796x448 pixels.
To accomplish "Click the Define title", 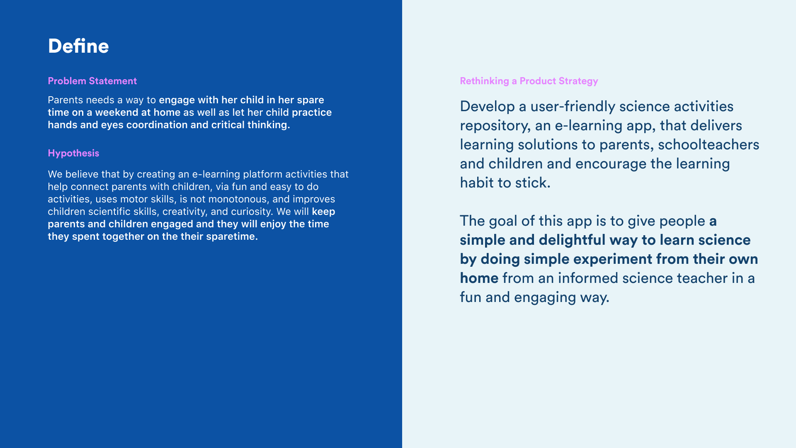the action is pos(78,46).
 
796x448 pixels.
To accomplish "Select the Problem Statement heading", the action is pos(92,81).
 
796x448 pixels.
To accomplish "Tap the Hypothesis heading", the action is pos(73,153).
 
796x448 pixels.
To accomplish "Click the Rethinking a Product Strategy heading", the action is pos(529,81).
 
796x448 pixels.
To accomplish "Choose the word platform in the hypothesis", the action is pos(262,175).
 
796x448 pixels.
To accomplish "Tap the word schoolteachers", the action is pos(709,144).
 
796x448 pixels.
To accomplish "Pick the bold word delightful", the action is pos(572,240).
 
